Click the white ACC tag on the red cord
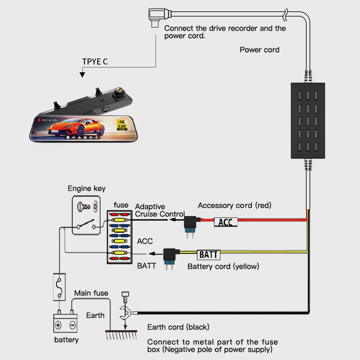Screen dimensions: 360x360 [x=226, y=222]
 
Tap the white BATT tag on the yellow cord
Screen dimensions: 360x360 [x=208, y=255]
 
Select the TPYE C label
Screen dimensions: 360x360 [x=95, y=61]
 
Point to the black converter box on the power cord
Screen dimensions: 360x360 [x=308, y=121]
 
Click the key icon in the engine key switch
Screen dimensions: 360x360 [x=84, y=206]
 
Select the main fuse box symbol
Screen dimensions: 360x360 [x=59, y=286]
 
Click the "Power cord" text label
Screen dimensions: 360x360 [x=259, y=50]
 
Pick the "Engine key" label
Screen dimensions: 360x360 [x=86, y=188]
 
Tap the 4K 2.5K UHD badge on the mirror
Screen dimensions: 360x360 [x=122, y=124]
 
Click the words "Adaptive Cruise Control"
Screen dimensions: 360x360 [x=159, y=210]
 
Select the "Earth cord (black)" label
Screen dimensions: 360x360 [x=178, y=327]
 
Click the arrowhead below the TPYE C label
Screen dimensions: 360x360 [x=82, y=74]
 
